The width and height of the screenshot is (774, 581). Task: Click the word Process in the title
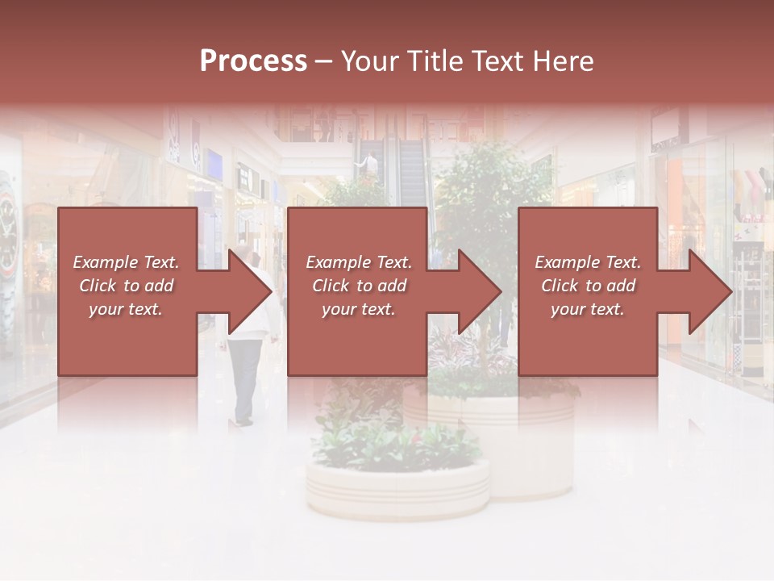click(x=253, y=61)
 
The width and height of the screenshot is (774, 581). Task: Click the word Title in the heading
click(x=431, y=61)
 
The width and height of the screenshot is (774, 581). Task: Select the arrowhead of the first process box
click(x=250, y=291)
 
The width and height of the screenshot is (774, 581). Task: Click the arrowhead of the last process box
click(x=710, y=291)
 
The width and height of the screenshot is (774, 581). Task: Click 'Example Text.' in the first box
click(x=126, y=262)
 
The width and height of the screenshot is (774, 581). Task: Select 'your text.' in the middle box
click(x=358, y=309)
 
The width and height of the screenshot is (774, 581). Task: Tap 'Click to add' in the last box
click(x=588, y=286)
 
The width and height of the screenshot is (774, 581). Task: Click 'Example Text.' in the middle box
click(x=358, y=262)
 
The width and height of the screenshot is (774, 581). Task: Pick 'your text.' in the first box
click(x=126, y=309)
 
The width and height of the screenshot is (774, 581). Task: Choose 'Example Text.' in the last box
click(x=588, y=262)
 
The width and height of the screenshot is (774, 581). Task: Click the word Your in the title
click(x=368, y=61)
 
